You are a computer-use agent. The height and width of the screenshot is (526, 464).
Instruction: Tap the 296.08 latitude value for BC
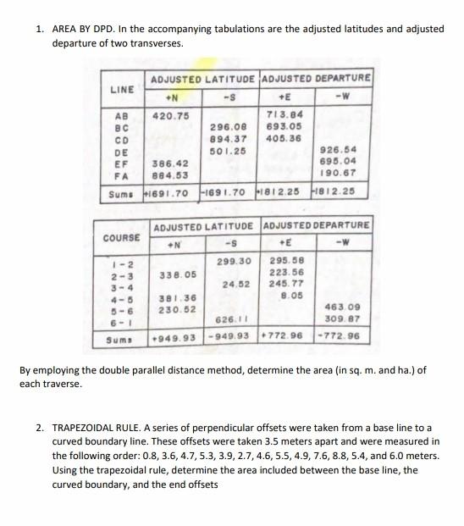[x=227, y=126]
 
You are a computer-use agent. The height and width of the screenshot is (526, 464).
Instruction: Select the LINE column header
[x=123, y=88]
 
